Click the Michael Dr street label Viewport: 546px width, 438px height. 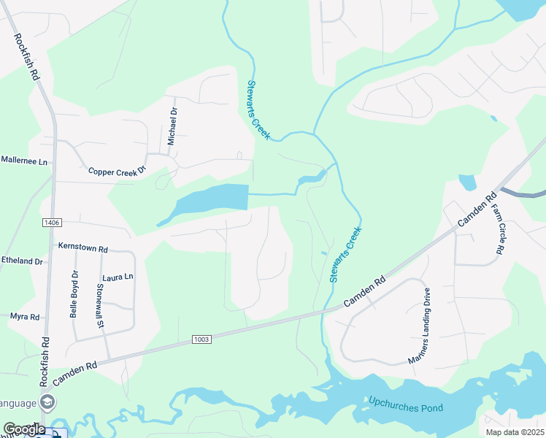point(173,121)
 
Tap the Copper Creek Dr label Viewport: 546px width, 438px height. point(118,171)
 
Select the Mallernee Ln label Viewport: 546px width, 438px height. point(23,159)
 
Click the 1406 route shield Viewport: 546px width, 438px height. point(51,222)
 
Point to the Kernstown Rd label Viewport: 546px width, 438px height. point(83,247)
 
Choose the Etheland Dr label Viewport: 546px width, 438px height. point(22,261)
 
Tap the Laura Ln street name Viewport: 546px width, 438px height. point(118,277)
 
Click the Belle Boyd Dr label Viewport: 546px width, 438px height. point(74,294)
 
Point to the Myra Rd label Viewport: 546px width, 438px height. point(24,317)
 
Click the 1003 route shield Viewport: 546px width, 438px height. point(203,339)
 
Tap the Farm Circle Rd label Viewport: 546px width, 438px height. point(497,228)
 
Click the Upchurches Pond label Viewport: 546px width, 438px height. point(406,403)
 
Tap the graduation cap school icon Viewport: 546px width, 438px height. point(47,401)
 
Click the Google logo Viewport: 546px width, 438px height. point(23,429)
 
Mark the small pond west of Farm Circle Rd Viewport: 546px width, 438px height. point(467,182)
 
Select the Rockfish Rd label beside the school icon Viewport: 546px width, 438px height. point(45,361)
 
